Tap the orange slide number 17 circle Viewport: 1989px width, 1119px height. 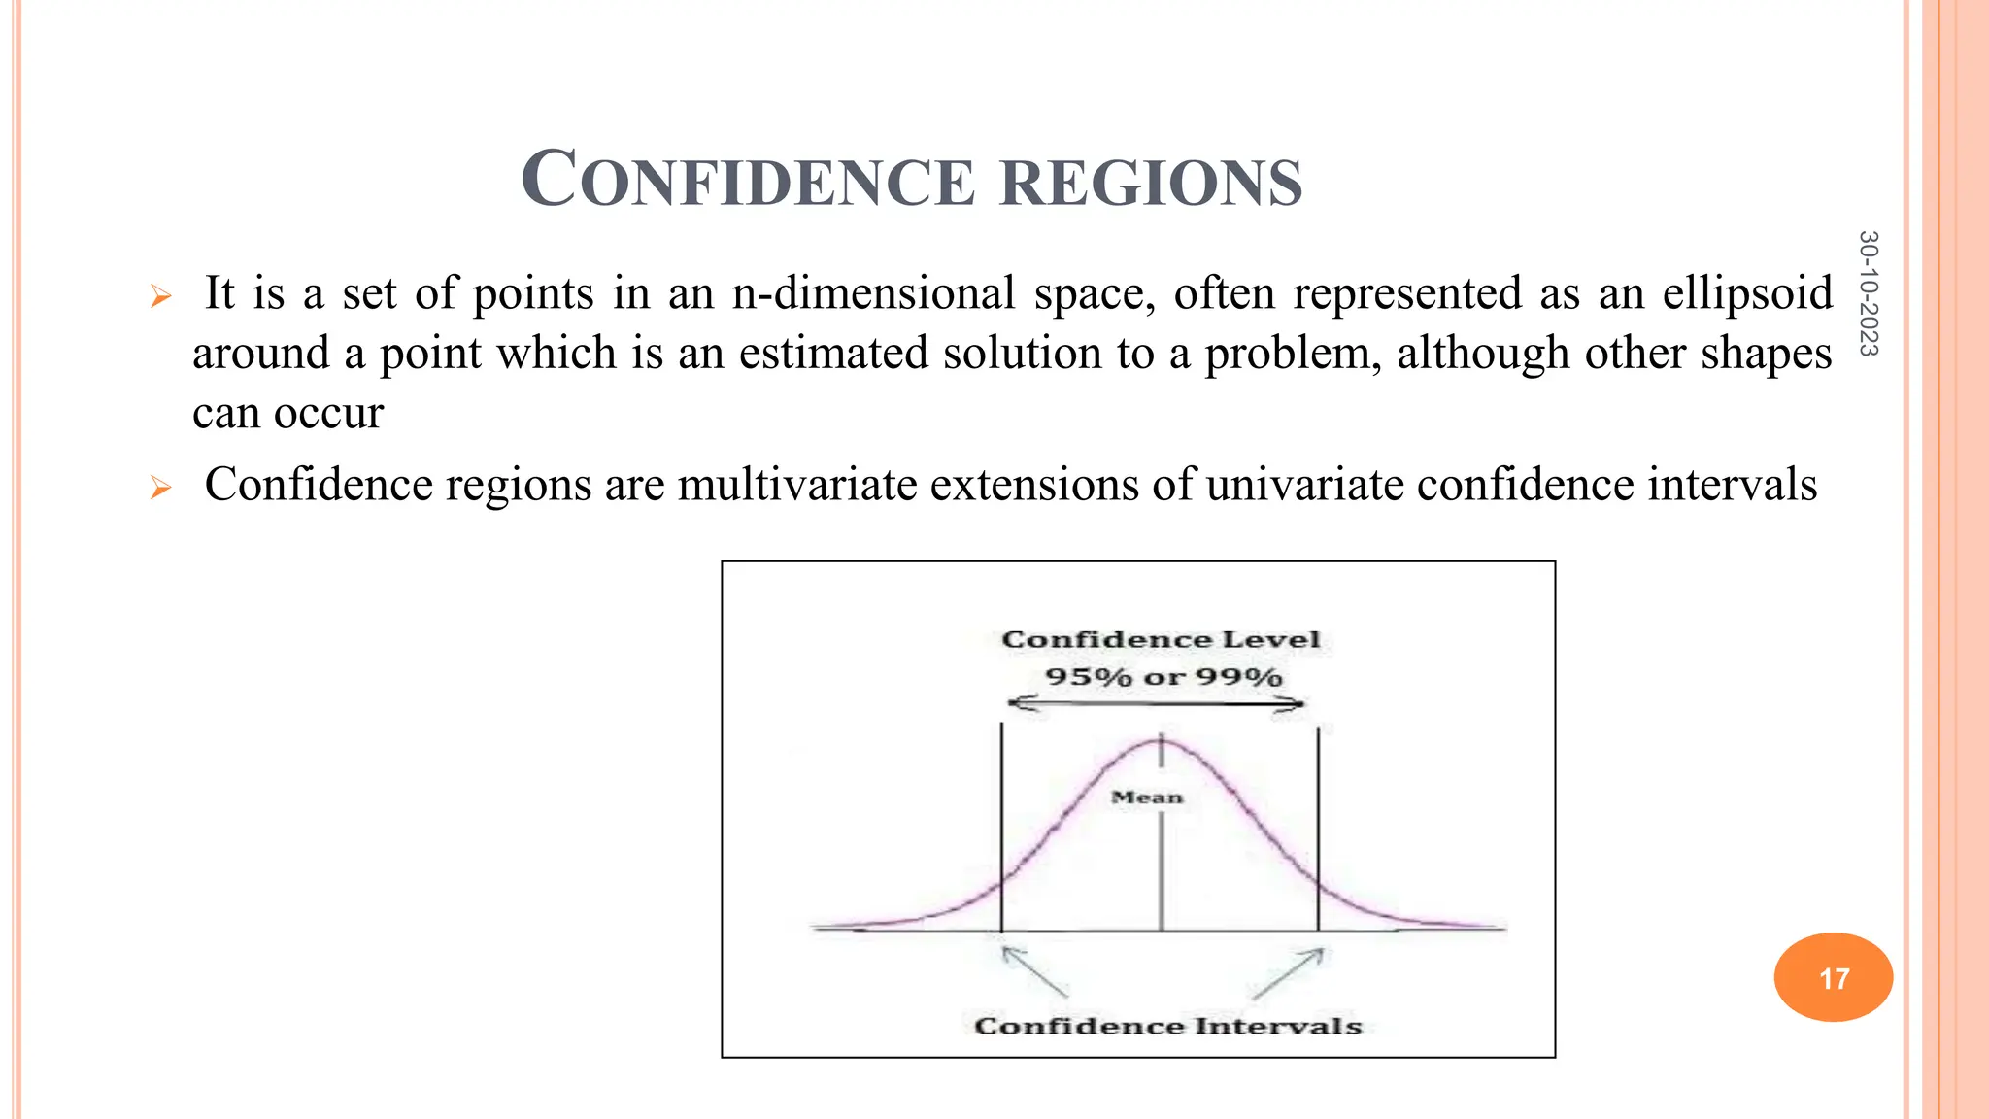tap(1833, 977)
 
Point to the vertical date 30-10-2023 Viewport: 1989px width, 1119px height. tap(1868, 293)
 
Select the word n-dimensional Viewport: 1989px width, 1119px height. tap(873, 293)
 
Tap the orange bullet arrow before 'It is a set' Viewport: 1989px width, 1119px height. tap(161, 296)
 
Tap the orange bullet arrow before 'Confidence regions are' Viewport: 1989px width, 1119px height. tap(161, 488)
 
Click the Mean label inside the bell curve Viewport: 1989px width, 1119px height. tap(1147, 797)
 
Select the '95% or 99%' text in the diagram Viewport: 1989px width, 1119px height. tap(1163, 677)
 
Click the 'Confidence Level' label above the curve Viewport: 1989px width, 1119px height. tap(1161, 640)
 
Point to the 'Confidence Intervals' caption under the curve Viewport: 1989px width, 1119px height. tap(1167, 1027)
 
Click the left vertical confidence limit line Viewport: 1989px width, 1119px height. tap(1001, 826)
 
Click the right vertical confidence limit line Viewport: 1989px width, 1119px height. tap(1318, 826)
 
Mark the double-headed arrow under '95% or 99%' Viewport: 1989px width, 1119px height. tap(1156, 703)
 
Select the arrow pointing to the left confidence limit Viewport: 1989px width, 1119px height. tap(1034, 971)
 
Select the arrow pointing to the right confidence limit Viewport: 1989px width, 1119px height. tap(1289, 972)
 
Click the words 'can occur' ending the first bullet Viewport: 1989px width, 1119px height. tap(287, 414)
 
